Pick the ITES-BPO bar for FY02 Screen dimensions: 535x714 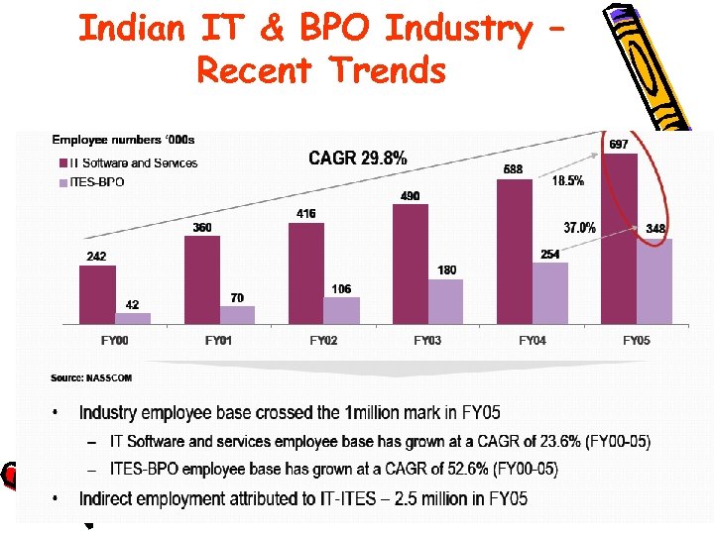[341, 310]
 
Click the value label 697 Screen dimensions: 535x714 [618, 145]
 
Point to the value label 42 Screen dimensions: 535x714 [132, 304]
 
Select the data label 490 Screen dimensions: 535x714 [410, 196]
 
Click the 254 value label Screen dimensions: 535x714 [550, 255]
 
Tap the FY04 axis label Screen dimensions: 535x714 [533, 341]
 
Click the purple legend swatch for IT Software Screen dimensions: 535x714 [60, 163]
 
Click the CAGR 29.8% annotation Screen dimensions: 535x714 [357, 158]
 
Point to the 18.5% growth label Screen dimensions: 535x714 [568, 181]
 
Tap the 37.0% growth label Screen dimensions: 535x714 [580, 228]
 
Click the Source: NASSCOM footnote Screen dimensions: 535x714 [91, 377]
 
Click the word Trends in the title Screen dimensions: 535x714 [390, 70]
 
